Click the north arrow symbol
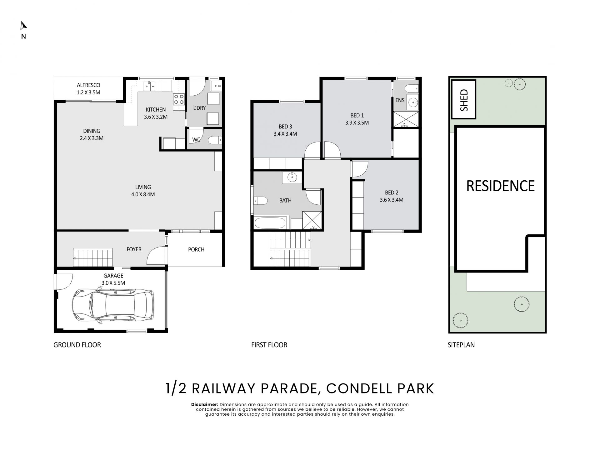pos(23,26)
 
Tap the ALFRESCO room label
pos(88,85)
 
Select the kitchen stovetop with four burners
pos(179,99)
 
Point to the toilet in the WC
pos(215,140)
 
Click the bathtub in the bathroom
pos(270,223)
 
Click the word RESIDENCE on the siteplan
pos(500,186)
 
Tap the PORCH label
pos(196,249)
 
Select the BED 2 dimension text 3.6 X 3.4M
pos(392,200)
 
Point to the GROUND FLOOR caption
pos(77,345)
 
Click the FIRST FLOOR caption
pos(269,345)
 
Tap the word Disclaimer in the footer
pos(205,404)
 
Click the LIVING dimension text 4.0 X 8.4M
pos(143,194)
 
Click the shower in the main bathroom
pos(312,220)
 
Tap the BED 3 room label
pos(285,127)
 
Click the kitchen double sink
pos(149,86)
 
